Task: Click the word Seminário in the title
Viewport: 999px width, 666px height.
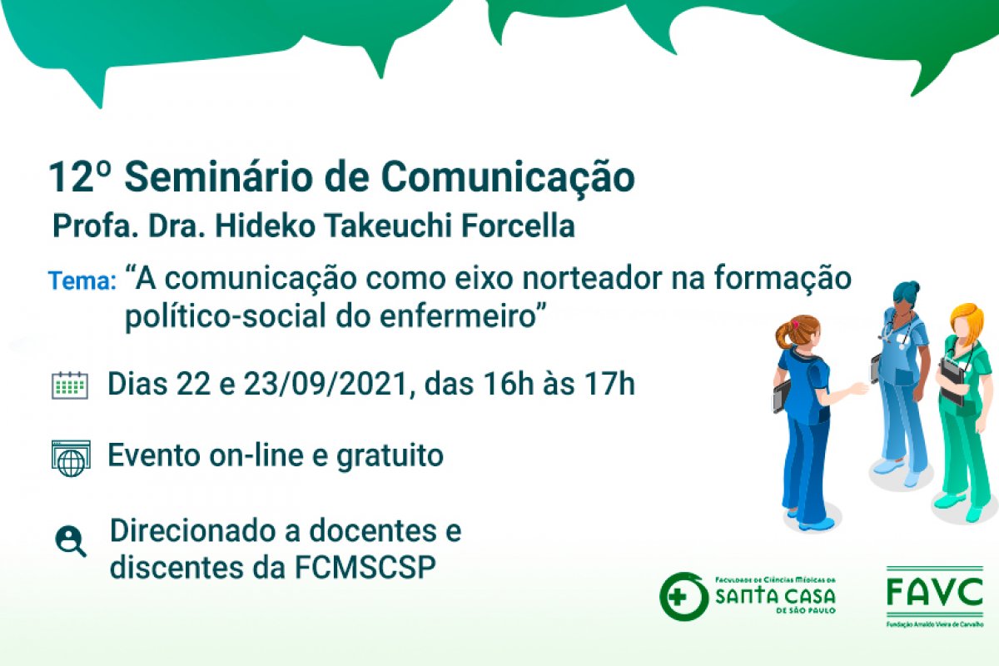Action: point(218,177)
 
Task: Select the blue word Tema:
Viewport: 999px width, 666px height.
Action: point(82,281)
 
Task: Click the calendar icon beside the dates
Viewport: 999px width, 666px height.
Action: point(70,385)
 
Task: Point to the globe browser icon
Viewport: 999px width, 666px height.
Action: point(71,458)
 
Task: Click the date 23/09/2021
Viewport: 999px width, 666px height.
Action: point(326,385)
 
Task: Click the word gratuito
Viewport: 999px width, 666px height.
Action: point(390,456)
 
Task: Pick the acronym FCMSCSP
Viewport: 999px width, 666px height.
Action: point(365,568)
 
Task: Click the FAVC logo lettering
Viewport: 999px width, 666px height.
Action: point(935,592)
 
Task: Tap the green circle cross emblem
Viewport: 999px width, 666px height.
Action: point(683,596)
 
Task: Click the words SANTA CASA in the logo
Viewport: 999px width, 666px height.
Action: point(775,596)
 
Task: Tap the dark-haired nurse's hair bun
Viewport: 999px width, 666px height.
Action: point(915,286)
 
